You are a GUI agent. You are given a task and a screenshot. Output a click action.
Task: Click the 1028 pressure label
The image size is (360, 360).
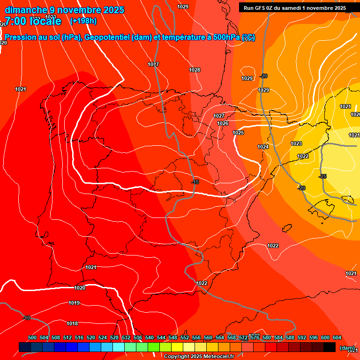(195, 70)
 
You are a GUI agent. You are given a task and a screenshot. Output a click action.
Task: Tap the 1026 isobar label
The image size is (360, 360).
(223, 123)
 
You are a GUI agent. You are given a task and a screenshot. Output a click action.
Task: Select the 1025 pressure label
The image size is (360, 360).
(238, 133)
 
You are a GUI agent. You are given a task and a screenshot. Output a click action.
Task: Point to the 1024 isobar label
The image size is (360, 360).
(263, 147)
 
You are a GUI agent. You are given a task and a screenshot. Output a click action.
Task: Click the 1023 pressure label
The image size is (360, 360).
(296, 143)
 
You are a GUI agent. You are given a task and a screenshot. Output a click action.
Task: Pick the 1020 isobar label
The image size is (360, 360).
(80, 288)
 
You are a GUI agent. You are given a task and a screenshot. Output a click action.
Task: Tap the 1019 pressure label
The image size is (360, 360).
(74, 303)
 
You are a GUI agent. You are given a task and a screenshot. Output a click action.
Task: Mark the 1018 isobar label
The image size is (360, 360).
(72, 323)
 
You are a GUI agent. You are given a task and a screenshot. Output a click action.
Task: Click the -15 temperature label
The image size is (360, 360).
(195, 182)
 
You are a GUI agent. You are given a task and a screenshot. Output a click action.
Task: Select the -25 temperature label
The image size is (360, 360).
(322, 176)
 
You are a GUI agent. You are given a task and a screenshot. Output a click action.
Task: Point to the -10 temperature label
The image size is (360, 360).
(26, 318)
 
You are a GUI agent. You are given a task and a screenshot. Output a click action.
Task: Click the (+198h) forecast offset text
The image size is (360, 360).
(83, 21)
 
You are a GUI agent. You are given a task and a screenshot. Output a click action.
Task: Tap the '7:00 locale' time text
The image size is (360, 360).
(33, 21)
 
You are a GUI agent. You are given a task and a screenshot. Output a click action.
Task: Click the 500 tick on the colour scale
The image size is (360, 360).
(32, 337)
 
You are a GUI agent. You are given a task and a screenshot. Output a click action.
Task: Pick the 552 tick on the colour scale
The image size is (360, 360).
(185, 337)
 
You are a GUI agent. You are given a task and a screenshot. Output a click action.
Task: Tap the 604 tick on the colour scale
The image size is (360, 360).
(337, 337)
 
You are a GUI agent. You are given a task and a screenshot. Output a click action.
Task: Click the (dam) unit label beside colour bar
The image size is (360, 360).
(347, 348)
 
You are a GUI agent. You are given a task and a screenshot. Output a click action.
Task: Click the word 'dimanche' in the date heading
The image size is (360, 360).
(26, 10)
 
